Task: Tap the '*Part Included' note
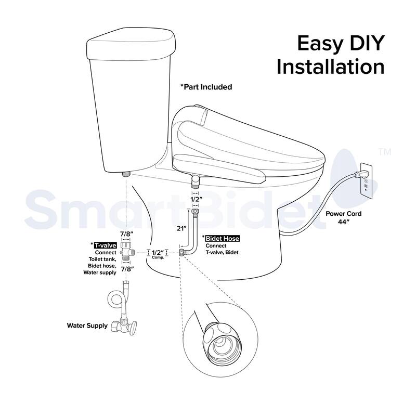(x=206, y=87)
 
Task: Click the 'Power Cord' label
(x=343, y=213)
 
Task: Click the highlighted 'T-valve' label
(x=105, y=244)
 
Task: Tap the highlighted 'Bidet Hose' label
(x=222, y=238)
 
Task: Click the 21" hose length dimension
(x=182, y=227)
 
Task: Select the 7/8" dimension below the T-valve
(x=126, y=269)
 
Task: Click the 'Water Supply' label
(x=87, y=326)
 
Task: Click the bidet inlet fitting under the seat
(x=195, y=181)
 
